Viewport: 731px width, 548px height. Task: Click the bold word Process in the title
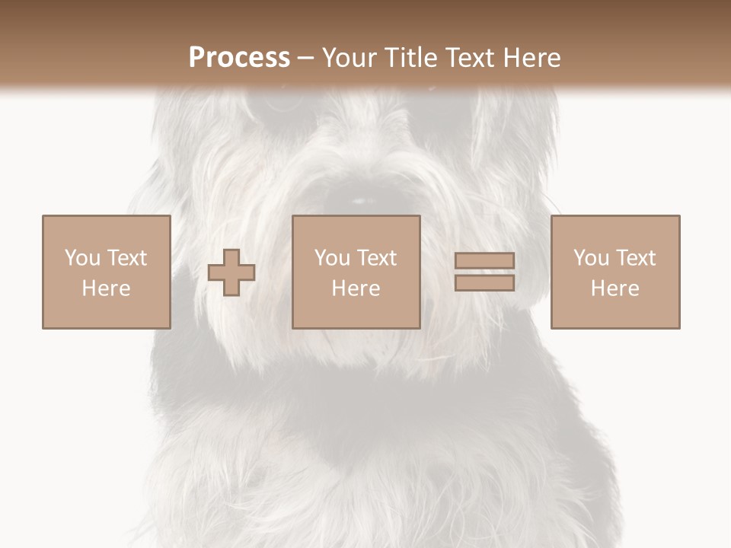point(239,58)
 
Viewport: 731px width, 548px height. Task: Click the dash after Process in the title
point(306,59)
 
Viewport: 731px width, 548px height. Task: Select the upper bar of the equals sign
point(484,261)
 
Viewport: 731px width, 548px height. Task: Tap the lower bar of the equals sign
point(484,283)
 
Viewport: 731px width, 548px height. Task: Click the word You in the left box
point(82,258)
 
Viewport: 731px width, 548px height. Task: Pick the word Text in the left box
point(126,258)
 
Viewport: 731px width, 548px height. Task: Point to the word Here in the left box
point(106,288)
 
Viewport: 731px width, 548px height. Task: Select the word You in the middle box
point(332,258)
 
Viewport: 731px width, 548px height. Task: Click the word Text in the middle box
point(375,258)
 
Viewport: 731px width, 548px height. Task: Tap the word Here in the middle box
point(356,288)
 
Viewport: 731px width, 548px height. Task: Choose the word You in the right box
point(591,258)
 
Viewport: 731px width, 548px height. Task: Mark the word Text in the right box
point(634,258)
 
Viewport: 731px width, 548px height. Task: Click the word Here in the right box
point(614,288)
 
